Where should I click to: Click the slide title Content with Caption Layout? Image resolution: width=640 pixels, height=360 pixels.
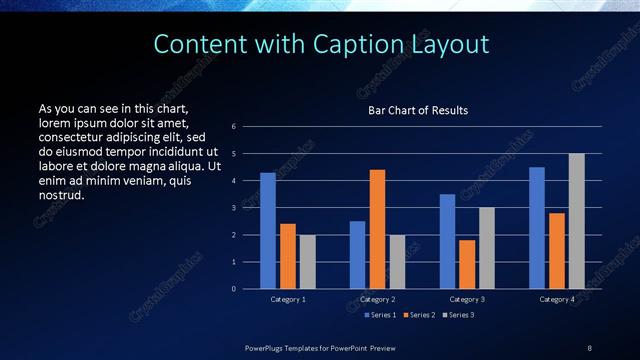tap(321, 44)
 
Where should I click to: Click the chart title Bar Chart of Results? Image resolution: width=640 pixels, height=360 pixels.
tap(418, 110)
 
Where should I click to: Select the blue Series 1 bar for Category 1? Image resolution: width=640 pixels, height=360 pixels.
tap(268, 230)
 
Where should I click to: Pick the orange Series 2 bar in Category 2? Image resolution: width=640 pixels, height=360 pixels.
tap(377, 229)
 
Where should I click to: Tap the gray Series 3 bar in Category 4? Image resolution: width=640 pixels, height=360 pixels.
tap(577, 221)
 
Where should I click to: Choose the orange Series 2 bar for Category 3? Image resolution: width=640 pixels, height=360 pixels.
tap(467, 264)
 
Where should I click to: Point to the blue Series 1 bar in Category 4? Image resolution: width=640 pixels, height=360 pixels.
tap(537, 227)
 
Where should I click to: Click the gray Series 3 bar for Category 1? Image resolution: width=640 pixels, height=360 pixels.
tap(307, 261)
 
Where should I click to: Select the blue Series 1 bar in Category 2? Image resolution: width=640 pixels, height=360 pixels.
tap(357, 254)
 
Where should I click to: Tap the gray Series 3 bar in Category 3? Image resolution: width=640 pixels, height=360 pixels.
tap(487, 248)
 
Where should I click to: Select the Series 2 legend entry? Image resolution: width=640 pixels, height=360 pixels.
tap(418, 315)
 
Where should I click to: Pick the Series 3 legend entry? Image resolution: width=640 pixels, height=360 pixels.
tap(458, 315)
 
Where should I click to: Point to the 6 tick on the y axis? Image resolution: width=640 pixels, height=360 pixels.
tap(233, 127)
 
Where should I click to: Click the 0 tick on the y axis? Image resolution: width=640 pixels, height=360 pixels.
tap(233, 289)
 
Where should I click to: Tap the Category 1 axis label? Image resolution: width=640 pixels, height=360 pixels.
tap(289, 299)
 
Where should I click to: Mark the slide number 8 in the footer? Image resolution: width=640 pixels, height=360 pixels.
tap(590, 347)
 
